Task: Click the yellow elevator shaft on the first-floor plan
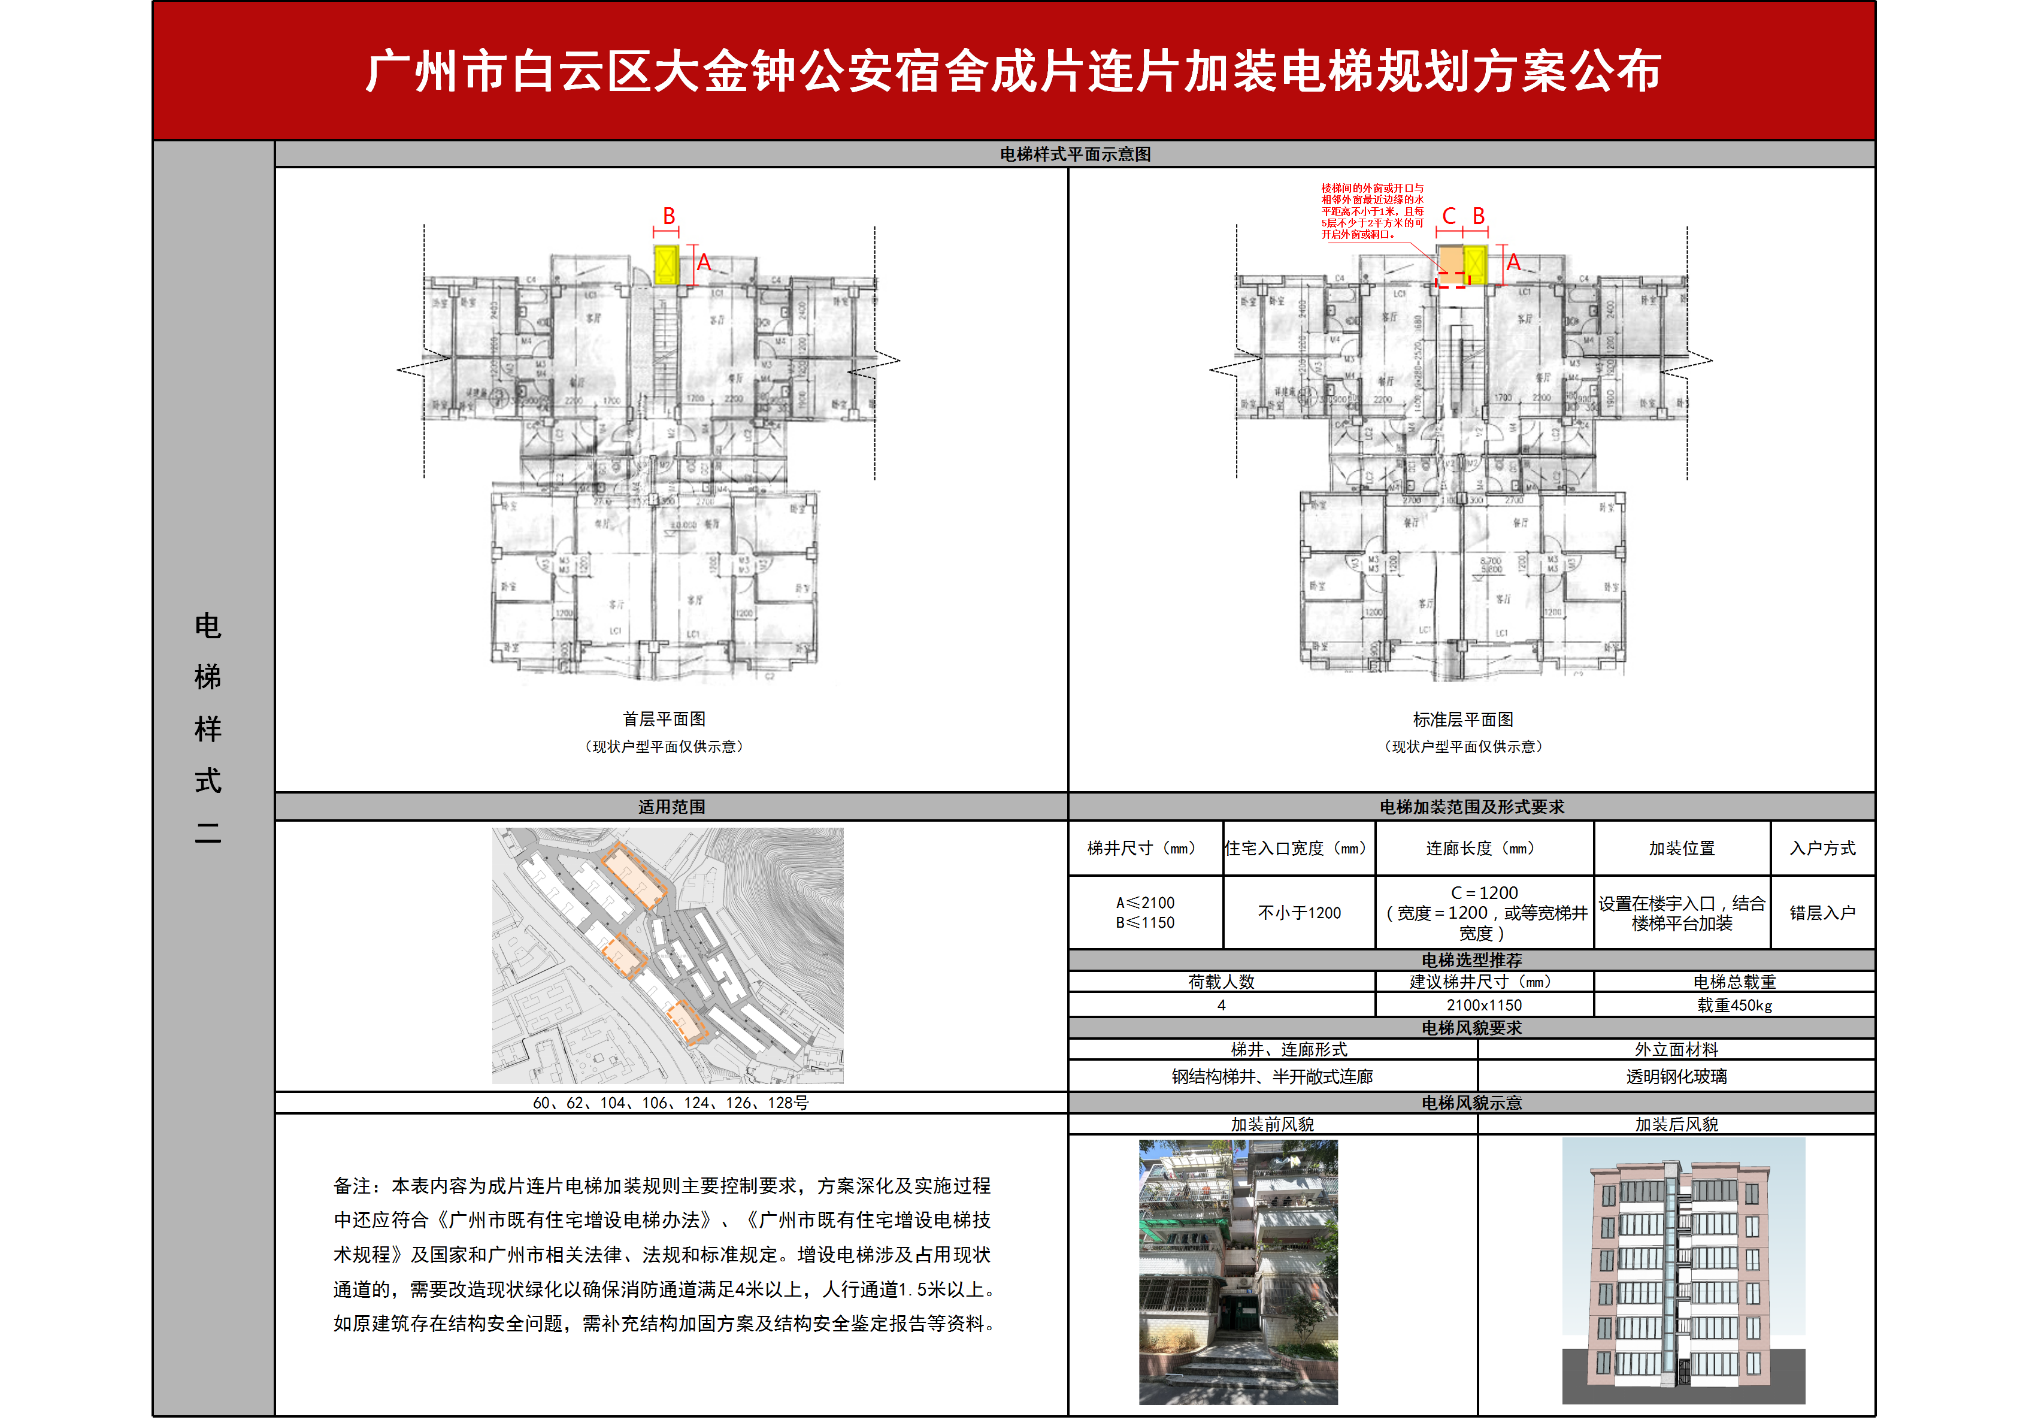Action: (x=667, y=265)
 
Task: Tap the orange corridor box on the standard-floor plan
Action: (x=1449, y=260)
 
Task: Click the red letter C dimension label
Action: (x=1449, y=216)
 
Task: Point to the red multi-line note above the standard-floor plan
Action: (x=1372, y=211)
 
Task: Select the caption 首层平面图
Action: (x=664, y=719)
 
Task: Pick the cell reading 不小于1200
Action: (x=1300, y=913)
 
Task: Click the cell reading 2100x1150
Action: (x=1484, y=1005)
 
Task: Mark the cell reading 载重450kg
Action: (x=1734, y=1005)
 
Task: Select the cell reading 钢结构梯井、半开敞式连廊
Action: (x=1271, y=1076)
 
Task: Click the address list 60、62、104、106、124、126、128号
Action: (x=670, y=1103)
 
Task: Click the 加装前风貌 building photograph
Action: (x=1238, y=1271)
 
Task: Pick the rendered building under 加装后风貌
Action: (x=1682, y=1271)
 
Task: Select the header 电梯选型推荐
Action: (x=1471, y=959)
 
